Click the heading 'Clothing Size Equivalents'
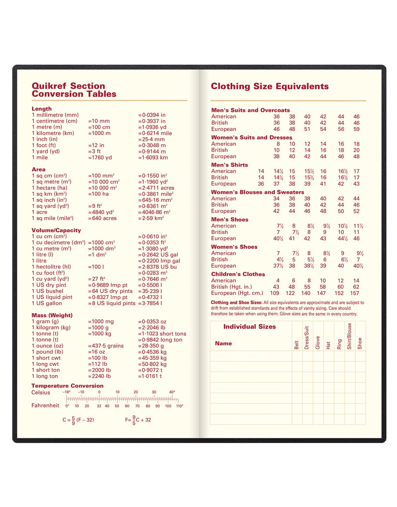point(270,86)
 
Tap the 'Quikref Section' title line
point(68,86)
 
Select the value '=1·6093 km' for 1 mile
point(153,157)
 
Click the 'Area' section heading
point(39,169)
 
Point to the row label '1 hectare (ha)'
point(50,188)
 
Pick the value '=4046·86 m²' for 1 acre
point(154,212)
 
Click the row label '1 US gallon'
point(47,303)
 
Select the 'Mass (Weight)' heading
point(52,315)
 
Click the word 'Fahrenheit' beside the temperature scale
point(45,405)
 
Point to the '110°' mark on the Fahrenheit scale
point(179,406)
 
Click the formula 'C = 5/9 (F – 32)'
point(78,420)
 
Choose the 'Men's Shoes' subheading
point(229,219)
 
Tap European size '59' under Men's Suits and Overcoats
point(357,129)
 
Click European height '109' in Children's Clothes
point(274,293)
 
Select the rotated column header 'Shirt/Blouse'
point(349,336)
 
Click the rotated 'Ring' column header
point(339,344)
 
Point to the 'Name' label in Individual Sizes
point(223,344)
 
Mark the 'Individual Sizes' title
point(249,327)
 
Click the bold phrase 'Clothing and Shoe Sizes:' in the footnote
point(236,303)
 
